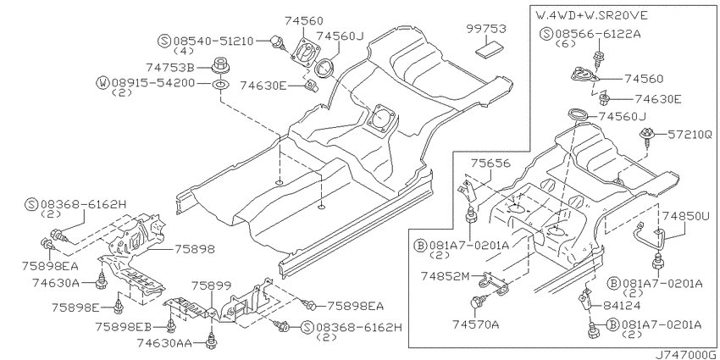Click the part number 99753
pos(486,29)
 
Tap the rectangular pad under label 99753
pos(488,47)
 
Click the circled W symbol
pos(102,83)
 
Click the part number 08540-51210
pos(213,41)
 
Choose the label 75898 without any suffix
pos(195,249)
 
